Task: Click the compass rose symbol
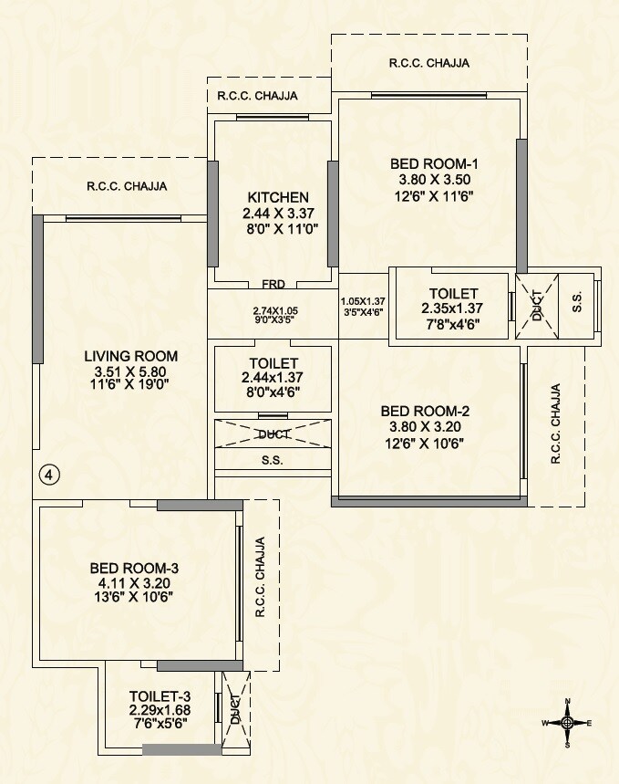click(x=567, y=722)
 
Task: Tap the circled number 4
click(x=50, y=475)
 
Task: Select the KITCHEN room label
click(x=278, y=197)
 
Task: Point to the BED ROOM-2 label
click(x=425, y=412)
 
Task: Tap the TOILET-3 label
click(x=160, y=695)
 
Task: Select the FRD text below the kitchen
click(x=273, y=284)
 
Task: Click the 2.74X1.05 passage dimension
click(x=275, y=310)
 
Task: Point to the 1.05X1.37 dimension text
click(x=362, y=301)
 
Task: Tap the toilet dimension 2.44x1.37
click(x=271, y=378)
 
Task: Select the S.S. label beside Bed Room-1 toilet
click(x=577, y=305)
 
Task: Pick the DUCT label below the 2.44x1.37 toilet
click(x=273, y=434)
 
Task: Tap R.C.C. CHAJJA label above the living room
click(x=127, y=186)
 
